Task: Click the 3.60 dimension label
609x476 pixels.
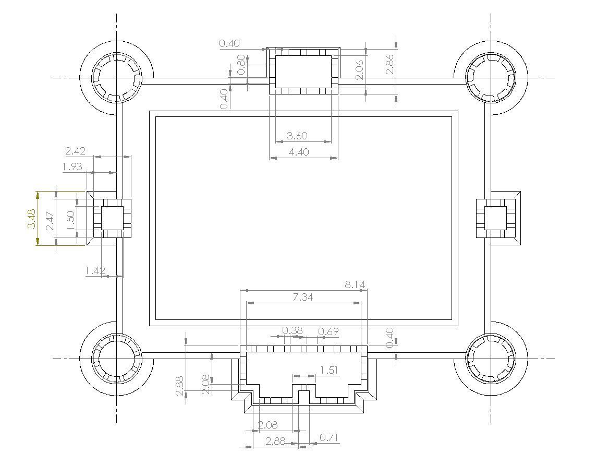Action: [297, 136]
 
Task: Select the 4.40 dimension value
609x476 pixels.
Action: [299, 152]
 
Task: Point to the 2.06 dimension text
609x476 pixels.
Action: [360, 69]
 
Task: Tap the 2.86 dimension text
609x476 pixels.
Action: [389, 64]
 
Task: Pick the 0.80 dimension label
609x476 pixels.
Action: [241, 65]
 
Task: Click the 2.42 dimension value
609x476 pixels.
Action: [76, 151]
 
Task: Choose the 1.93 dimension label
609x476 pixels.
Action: [72, 167]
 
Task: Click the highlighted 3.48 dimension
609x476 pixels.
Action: [31, 219]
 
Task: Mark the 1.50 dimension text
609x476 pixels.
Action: [70, 220]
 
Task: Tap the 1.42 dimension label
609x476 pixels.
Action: [95, 270]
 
